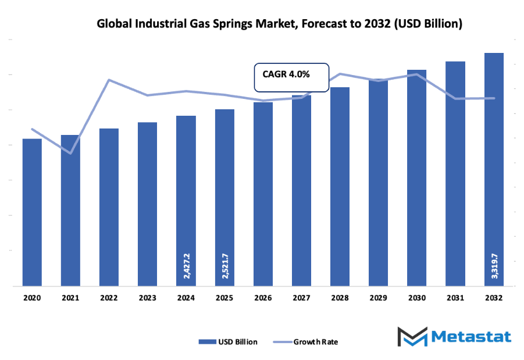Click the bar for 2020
pyautogui.click(x=32, y=212)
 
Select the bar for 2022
pyautogui.click(x=109, y=207)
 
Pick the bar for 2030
pyautogui.click(x=416, y=178)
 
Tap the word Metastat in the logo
pyautogui.click(x=472, y=337)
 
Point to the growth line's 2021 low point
pyautogui.click(x=70, y=154)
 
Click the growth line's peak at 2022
pyautogui.click(x=109, y=80)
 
